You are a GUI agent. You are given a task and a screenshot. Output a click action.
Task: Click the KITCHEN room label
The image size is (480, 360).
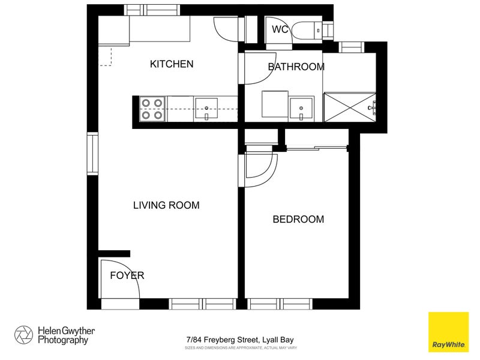pos(172,64)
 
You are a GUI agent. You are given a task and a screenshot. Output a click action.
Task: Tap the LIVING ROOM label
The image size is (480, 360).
pos(166,205)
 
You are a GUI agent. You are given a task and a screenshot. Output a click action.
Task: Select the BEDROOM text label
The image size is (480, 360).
pos(298,220)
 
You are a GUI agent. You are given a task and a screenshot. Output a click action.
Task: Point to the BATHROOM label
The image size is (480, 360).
pos(296,67)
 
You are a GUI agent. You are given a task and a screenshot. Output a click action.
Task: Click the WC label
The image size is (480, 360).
pos(280,29)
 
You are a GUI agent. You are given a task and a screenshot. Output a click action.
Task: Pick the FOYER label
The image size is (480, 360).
pos(127,275)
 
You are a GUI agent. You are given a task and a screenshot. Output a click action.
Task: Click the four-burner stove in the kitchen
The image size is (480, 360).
pos(152,109)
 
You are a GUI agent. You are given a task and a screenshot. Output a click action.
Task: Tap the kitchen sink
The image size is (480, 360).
pos(207,109)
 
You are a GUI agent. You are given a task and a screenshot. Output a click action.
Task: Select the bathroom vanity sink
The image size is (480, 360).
pos(301,109)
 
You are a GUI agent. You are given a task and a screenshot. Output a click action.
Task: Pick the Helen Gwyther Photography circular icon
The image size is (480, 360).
pos(24,335)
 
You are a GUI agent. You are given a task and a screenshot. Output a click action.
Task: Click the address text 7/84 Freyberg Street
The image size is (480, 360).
pos(239,340)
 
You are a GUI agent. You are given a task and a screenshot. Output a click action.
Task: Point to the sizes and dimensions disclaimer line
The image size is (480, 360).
pos(239,348)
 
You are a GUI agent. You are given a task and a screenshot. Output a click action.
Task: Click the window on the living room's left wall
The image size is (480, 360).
pos(92,154)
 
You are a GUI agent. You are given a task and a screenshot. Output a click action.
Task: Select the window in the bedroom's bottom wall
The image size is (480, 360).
pos(280,304)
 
